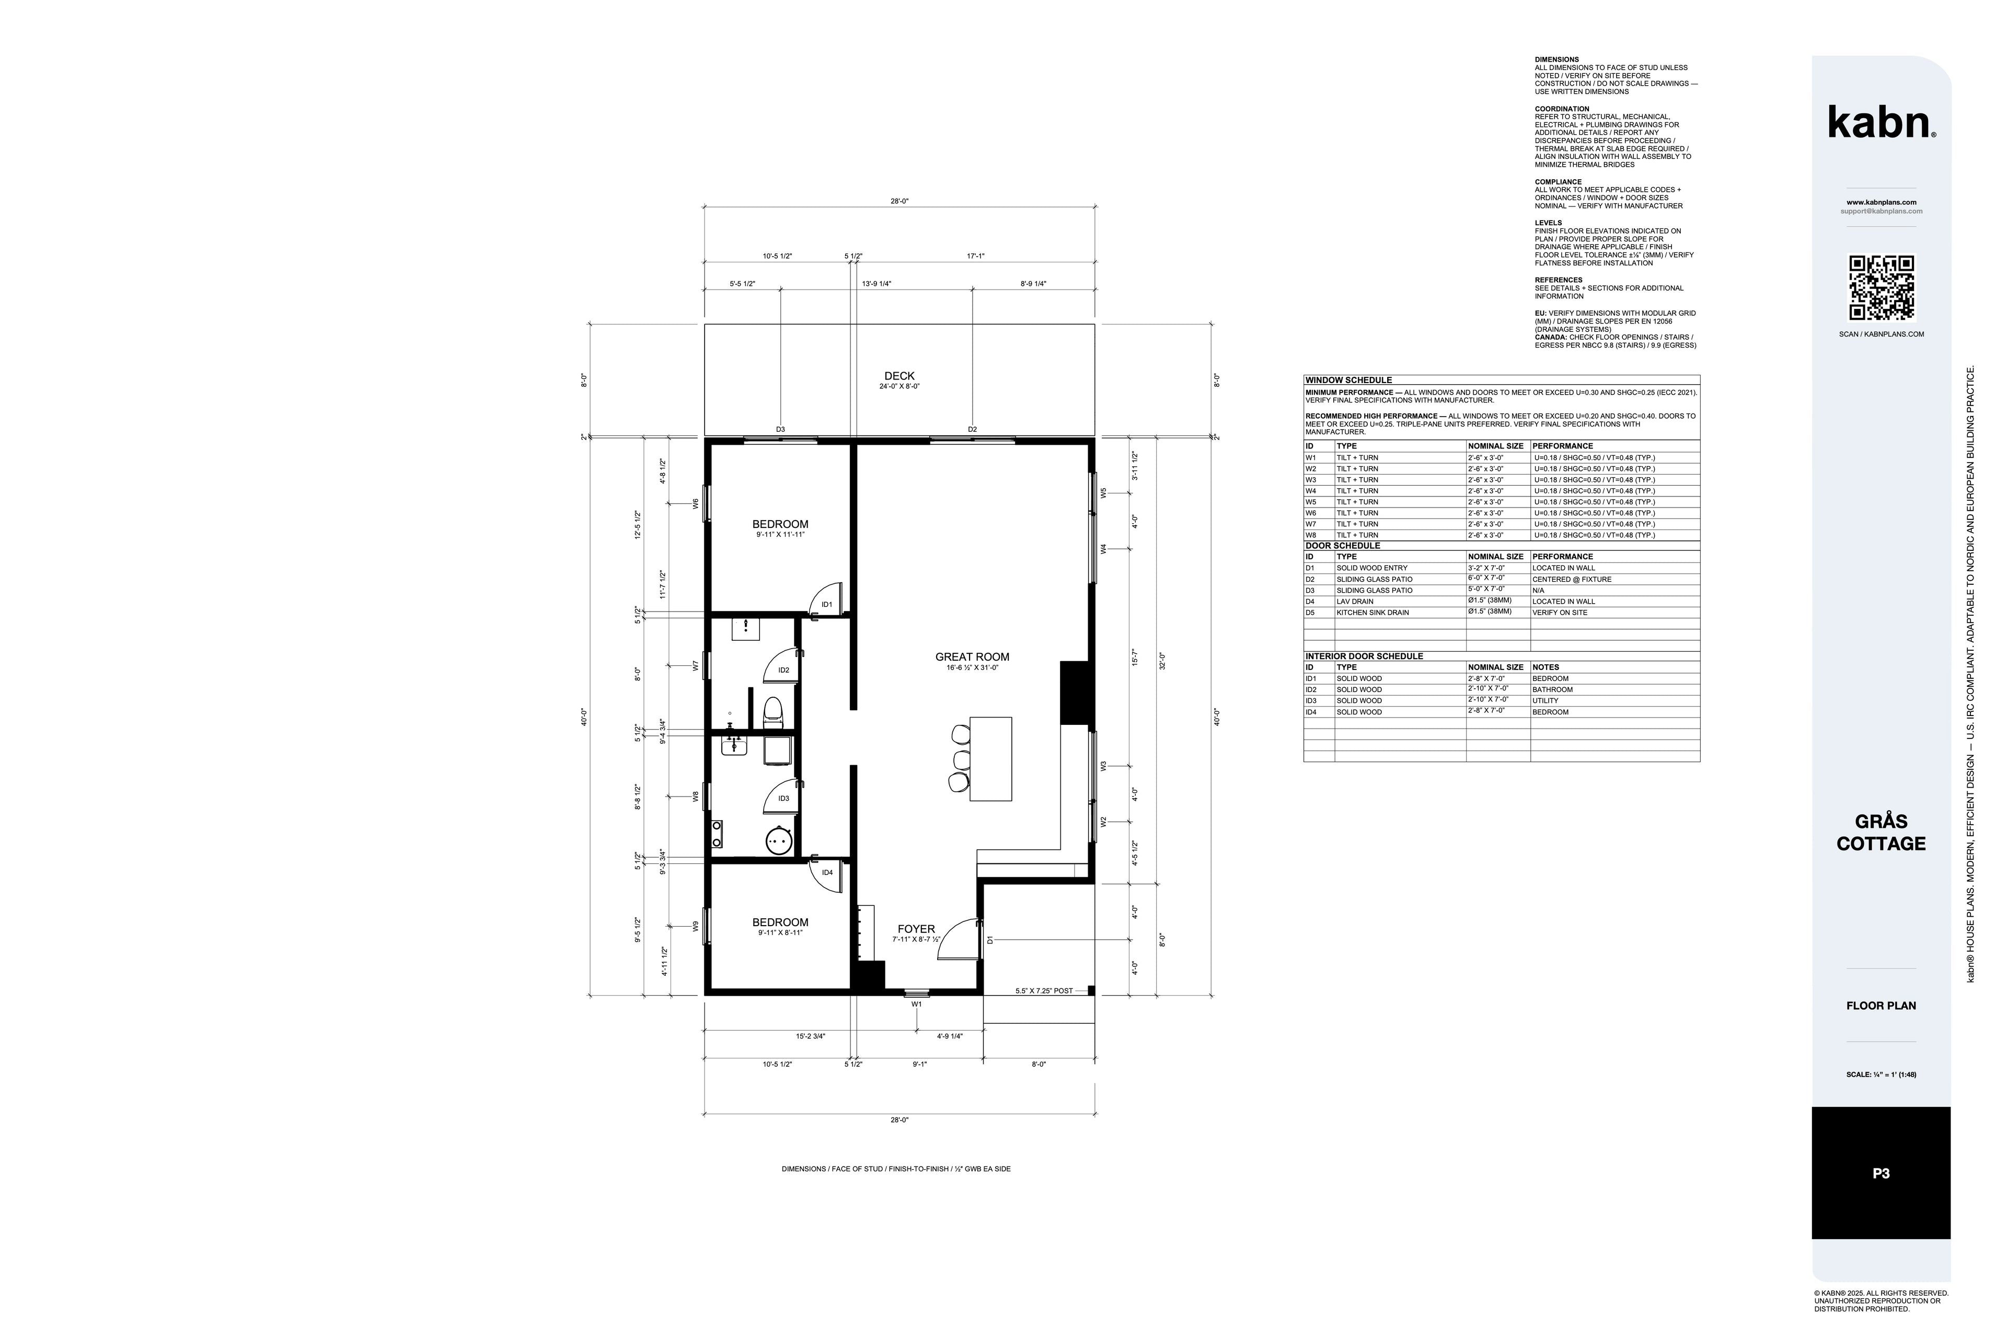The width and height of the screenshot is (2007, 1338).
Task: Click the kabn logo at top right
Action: click(1881, 122)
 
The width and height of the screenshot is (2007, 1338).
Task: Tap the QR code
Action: click(1882, 287)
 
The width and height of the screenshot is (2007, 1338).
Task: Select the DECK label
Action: click(899, 375)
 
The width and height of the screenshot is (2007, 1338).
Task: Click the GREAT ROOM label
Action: click(972, 657)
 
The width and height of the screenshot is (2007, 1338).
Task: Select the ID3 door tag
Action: click(783, 799)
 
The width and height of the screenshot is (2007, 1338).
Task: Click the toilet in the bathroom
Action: click(773, 710)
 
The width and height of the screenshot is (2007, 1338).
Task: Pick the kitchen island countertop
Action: click(991, 758)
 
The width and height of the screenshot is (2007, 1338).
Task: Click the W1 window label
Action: click(916, 1005)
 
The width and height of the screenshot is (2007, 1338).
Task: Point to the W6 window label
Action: click(696, 504)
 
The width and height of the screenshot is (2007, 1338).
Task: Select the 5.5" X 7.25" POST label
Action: click(1044, 991)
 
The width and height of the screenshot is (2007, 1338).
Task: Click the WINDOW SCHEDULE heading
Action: click(1348, 380)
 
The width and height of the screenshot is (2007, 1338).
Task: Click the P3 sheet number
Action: click(1881, 1173)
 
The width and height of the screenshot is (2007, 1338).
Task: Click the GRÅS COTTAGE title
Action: click(1881, 832)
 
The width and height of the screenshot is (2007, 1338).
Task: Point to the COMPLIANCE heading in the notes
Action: click(1558, 182)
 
